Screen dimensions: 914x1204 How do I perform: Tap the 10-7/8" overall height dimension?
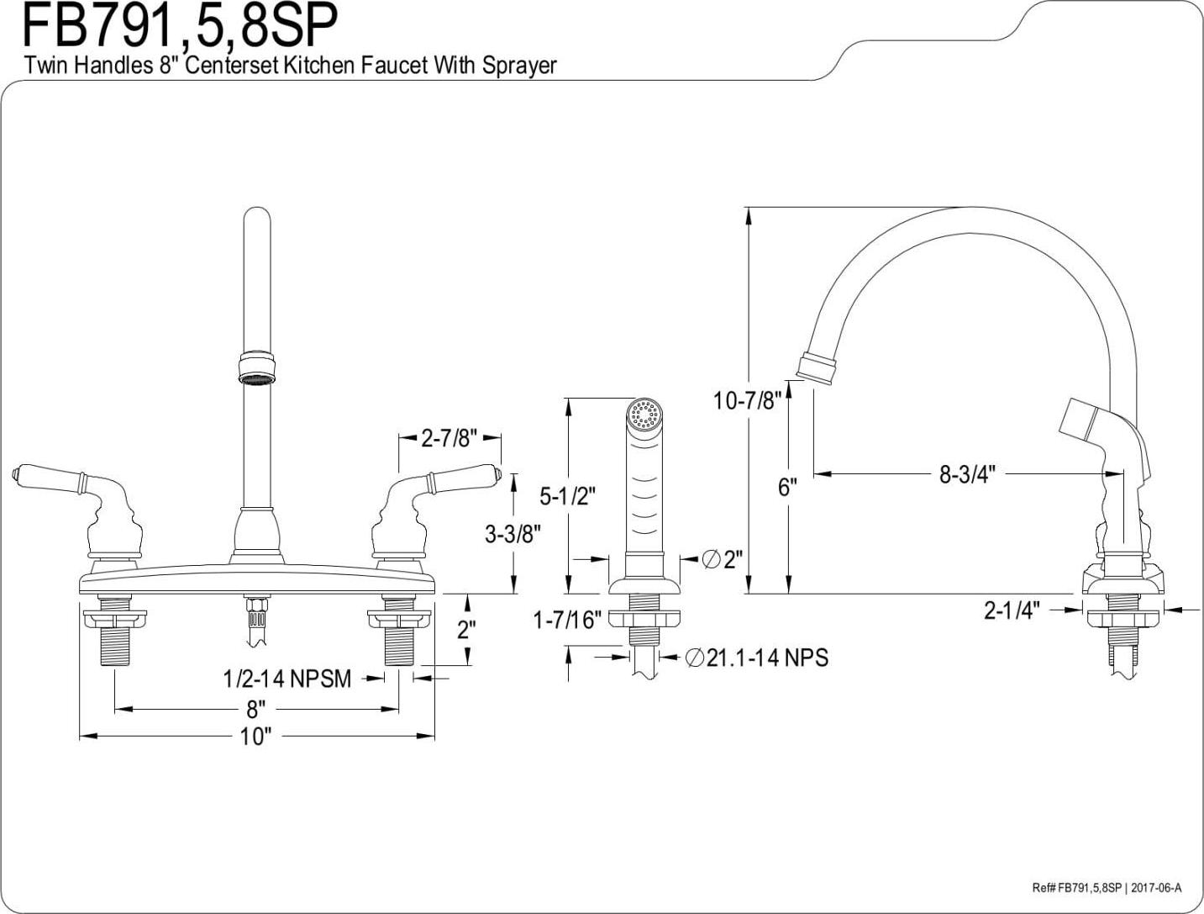coord(747,400)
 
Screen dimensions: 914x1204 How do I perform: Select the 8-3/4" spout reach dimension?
coord(966,474)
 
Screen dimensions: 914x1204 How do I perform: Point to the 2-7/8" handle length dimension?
coord(450,438)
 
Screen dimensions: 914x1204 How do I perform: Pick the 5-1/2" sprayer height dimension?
coord(567,496)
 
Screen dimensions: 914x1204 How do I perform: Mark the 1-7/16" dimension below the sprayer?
coord(568,621)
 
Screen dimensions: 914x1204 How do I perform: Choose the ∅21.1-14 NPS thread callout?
coord(756,658)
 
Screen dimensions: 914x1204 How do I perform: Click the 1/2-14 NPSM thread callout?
coord(287,679)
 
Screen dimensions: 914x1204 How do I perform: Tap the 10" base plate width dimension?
coord(255,737)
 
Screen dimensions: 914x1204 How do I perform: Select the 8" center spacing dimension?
coord(255,709)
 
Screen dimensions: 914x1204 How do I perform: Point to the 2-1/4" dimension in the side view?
coord(1012,610)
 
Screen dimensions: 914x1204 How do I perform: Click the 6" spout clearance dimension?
coord(786,488)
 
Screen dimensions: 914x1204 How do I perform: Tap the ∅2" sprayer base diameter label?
coord(722,558)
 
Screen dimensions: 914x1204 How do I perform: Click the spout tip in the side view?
coord(816,367)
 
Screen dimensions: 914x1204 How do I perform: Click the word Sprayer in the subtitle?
coord(519,65)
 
